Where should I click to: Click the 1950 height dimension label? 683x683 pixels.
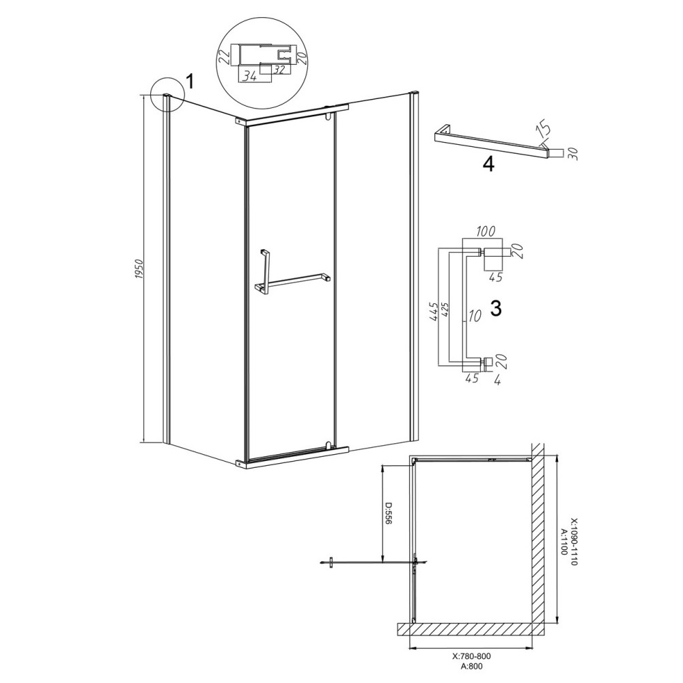[x=139, y=270]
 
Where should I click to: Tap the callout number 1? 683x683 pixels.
[x=189, y=81]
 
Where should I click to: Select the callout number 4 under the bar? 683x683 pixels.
[x=489, y=164]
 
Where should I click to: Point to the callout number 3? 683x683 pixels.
[x=496, y=309]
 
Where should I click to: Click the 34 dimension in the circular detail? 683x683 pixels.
[x=249, y=76]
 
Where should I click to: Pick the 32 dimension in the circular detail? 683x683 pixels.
[x=279, y=69]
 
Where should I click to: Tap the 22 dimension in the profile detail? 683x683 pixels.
[x=224, y=57]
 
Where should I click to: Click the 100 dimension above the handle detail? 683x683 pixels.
[x=485, y=232]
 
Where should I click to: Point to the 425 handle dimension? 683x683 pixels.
[x=445, y=309]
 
